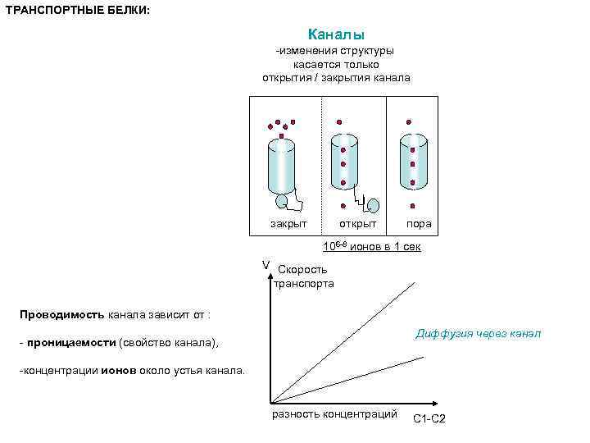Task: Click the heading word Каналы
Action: [x=336, y=34]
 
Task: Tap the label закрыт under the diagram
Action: [x=288, y=223]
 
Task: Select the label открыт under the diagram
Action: [x=358, y=223]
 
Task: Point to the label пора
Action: [x=419, y=223]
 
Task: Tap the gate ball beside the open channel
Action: [x=374, y=204]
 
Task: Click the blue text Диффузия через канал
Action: [x=478, y=333]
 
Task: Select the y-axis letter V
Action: [x=265, y=264]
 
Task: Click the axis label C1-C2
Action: [x=429, y=419]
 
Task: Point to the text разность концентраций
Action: [x=334, y=413]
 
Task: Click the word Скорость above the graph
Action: [x=302, y=269]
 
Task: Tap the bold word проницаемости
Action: [x=70, y=342]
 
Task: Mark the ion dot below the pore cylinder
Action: [x=413, y=205]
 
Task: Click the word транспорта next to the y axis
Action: [x=304, y=284]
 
